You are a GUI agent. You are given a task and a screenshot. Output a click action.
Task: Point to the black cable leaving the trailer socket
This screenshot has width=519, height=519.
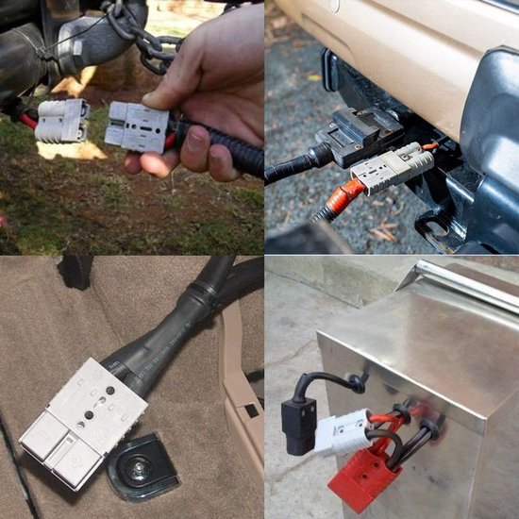[x=288, y=171]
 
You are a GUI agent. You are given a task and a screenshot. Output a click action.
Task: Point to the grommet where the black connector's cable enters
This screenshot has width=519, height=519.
[x=357, y=383]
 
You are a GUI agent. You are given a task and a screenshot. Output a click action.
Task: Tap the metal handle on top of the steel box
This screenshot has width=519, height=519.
[x=462, y=283]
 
